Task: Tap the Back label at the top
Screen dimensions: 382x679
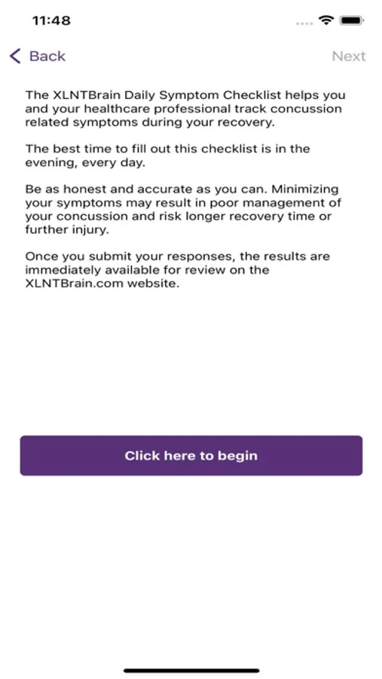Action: [x=47, y=57]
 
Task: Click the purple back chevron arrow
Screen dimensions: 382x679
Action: [x=15, y=57]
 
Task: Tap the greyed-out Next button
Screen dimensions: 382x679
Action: [x=348, y=57]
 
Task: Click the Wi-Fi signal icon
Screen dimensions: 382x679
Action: [x=325, y=20]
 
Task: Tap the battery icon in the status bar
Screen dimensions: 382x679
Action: [x=351, y=20]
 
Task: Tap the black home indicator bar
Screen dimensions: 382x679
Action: [x=191, y=670]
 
